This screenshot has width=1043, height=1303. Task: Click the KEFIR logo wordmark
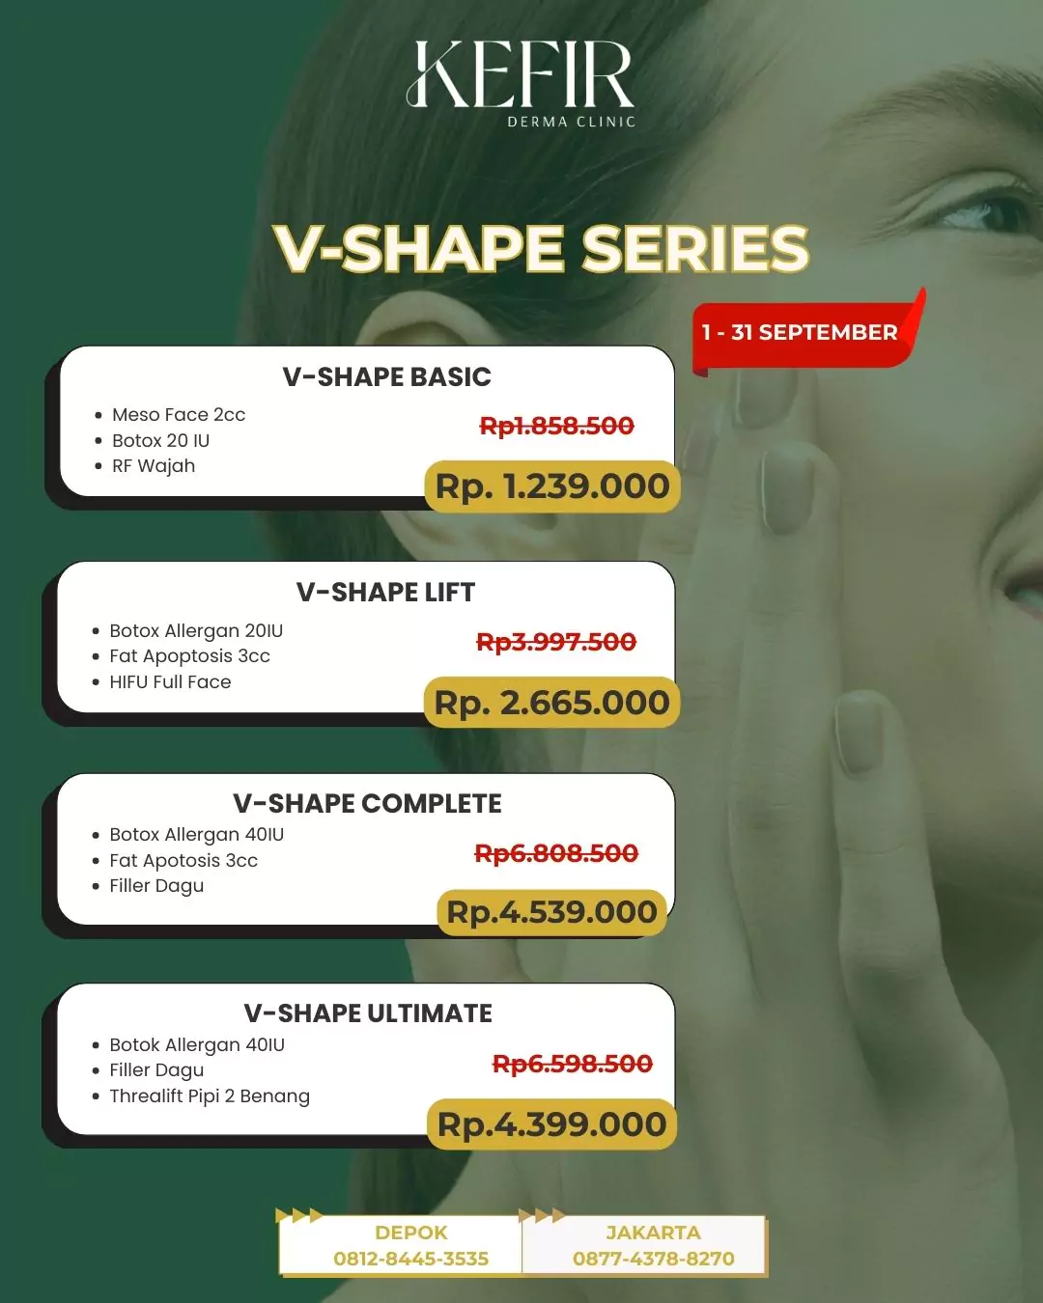point(521,74)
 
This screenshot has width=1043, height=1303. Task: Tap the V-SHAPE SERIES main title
point(541,248)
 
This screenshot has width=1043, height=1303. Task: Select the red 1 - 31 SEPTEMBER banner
point(801,333)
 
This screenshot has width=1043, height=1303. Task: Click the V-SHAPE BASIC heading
point(386,376)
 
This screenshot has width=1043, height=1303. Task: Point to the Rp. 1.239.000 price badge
point(552,486)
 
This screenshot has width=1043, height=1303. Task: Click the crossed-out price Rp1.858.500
point(557,426)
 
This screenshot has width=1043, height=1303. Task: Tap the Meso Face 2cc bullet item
point(179,415)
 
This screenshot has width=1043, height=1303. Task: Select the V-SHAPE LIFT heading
point(385,592)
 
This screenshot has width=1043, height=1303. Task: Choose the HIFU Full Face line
point(170,682)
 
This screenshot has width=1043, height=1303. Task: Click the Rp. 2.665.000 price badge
point(551,703)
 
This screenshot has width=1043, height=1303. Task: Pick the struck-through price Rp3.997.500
point(556,642)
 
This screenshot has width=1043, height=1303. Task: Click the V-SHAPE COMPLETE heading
point(367,803)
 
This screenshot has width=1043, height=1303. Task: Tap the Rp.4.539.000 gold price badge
point(551,912)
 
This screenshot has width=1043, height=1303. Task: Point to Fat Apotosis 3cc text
point(183,861)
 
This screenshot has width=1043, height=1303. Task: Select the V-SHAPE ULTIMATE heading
point(368,1013)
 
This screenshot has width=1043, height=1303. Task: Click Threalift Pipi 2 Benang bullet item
point(210,1096)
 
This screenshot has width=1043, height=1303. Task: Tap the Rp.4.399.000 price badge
point(551,1124)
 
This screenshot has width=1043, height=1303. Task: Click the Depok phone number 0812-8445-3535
point(411,1259)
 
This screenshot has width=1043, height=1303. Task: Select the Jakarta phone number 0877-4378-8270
point(654,1259)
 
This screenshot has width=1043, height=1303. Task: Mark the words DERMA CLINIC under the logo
point(572,123)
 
